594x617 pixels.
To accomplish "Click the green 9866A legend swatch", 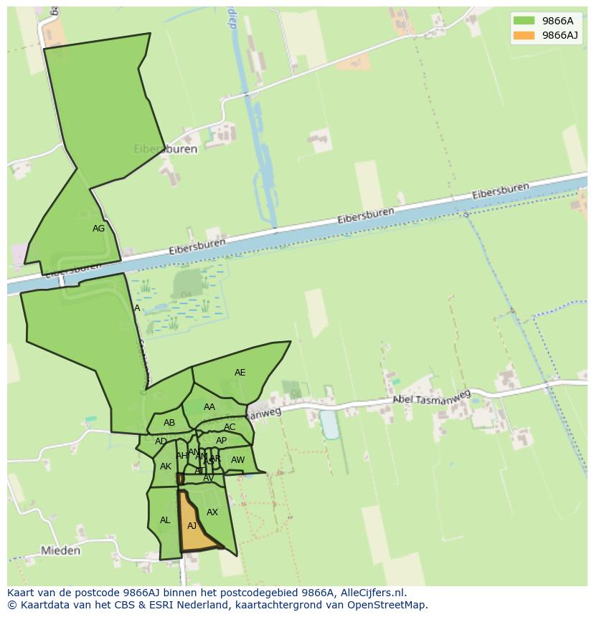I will tap(524, 21).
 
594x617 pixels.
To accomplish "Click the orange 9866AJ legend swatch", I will tap(524, 35).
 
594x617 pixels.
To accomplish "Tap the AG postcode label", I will tap(99, 229).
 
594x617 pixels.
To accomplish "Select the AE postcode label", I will tap(240, 373).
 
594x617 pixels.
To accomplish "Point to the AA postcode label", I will tap(209, 407).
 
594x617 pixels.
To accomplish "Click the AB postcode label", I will tap(169, 423).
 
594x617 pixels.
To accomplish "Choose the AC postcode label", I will tap(230, 427).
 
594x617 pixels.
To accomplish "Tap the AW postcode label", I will tap(237, 460).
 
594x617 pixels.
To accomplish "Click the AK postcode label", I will tap(166, 467).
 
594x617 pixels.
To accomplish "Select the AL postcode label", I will tap(165, 520).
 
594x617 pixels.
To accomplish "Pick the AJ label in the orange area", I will tap(192, 526).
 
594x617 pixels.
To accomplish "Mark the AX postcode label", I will tap(212, 512).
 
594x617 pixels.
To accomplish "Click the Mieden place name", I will tap(61, 550).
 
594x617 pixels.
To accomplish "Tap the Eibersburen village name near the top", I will tap(165, 150).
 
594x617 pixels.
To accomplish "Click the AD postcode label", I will tap(161, 441).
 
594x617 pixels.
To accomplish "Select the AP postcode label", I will tap(222, 441).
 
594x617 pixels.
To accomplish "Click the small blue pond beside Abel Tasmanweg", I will tap(329, 424).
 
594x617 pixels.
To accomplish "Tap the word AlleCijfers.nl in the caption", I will tap(374, 593).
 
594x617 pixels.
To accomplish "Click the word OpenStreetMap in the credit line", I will tap(387, 605).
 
